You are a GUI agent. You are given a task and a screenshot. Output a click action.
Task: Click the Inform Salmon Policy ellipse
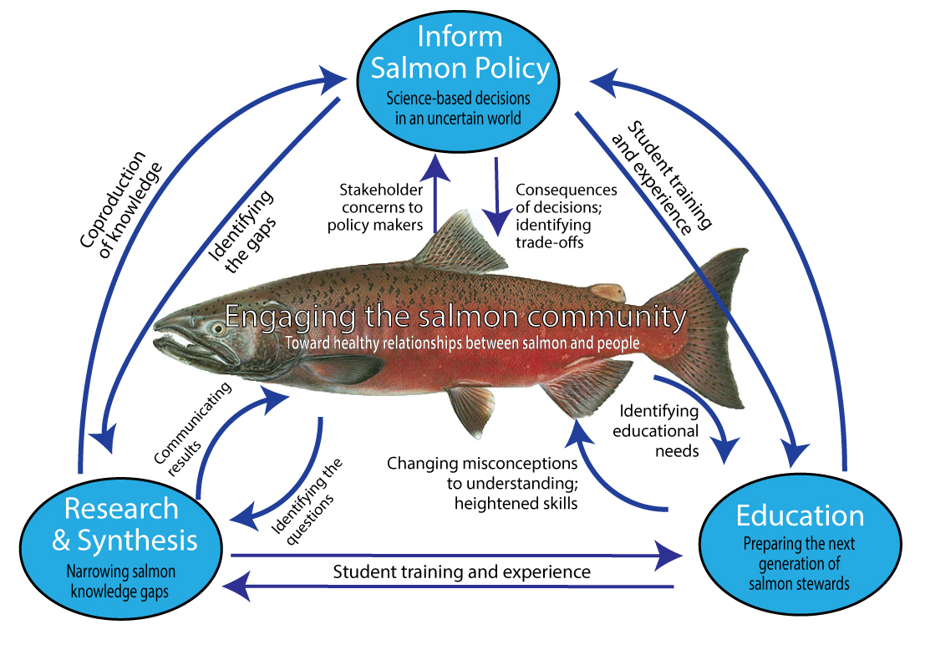click(457, 71)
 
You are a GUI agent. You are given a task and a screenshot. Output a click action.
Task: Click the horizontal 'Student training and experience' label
click(461, 572)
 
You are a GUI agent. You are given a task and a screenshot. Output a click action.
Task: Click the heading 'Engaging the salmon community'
click(455, 317)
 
